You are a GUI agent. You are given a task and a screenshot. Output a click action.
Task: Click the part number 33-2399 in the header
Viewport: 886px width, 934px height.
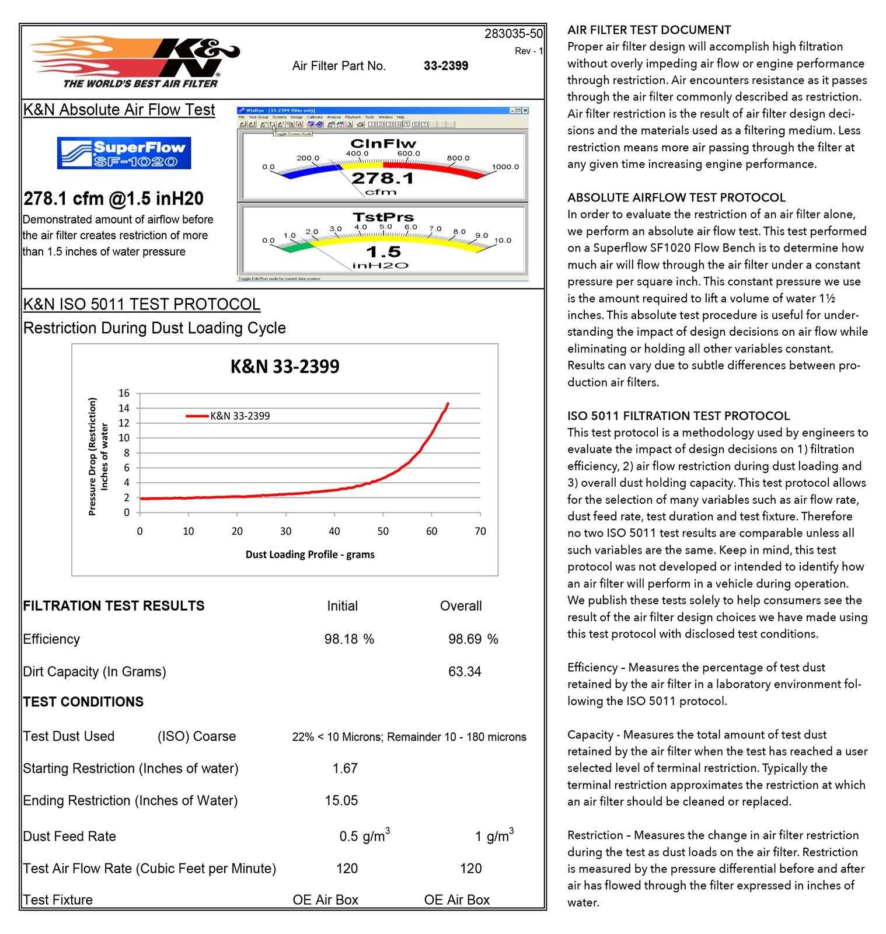(446, 66)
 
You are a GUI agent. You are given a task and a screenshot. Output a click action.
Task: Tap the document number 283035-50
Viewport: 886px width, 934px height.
(513, 34)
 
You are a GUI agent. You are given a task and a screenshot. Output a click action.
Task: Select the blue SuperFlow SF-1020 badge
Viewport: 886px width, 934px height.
(124, 153)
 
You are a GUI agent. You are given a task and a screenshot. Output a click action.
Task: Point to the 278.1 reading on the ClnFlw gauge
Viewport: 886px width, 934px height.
(383, 178)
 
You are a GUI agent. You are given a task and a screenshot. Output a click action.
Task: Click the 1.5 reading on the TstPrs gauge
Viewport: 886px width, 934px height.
(383, 252)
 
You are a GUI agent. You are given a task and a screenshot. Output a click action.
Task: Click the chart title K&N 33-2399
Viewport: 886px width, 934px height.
(285, 367)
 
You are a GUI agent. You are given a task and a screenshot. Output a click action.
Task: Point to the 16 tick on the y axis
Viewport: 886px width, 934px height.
(124, 393)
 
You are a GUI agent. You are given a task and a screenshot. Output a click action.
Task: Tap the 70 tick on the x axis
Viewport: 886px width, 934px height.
(480, 531)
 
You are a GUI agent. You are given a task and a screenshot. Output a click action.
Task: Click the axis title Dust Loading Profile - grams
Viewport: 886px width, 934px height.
(310, 554)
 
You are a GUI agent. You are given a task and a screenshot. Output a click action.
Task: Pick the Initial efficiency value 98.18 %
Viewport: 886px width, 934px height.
(349, 639)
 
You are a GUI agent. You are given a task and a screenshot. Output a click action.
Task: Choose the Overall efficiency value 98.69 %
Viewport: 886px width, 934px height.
(473, 639)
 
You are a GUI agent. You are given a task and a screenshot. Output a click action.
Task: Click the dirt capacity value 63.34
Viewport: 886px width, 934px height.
(465, 671)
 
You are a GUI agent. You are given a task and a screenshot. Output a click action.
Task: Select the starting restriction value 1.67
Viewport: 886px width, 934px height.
(345, 768)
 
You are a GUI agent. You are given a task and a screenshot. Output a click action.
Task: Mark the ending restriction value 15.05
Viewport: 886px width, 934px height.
(341, 800)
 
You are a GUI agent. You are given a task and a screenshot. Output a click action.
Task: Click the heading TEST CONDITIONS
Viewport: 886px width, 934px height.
(83, 702)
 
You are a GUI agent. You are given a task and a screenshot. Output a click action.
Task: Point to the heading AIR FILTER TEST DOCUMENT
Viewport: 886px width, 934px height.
(649, 30)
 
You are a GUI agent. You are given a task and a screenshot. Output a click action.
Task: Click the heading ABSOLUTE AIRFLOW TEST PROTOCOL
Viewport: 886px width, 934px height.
(676, 197)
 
